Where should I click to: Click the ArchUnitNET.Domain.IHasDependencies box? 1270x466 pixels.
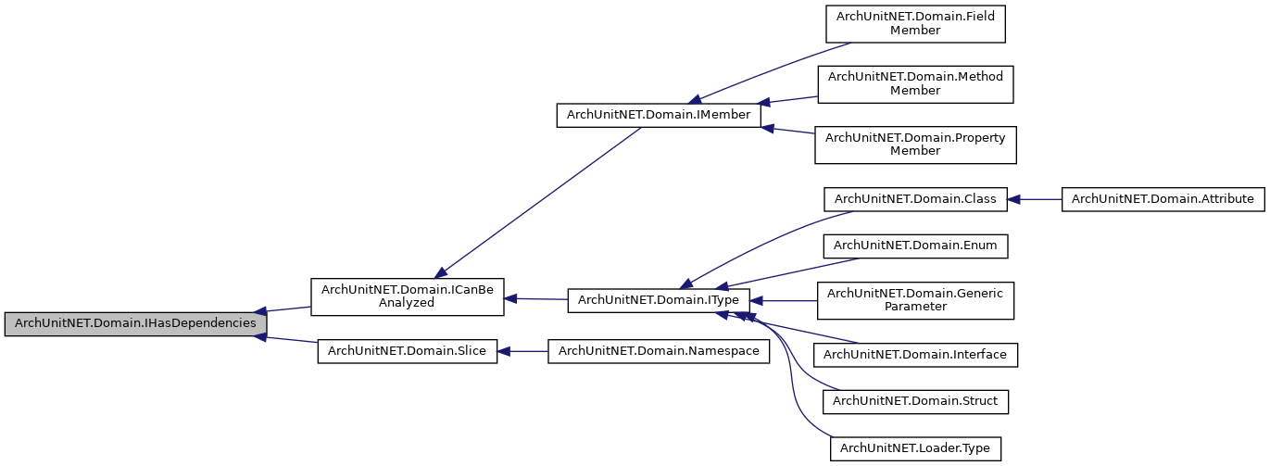point(135,324)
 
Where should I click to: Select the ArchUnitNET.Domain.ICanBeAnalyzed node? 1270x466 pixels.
point(407,296)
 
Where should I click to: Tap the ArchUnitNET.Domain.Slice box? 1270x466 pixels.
point(407,351)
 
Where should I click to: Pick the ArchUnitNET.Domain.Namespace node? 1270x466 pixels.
point(658,351)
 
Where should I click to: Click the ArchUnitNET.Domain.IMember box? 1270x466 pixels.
point(658,115)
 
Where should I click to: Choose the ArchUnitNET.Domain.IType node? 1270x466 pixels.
point(658,300)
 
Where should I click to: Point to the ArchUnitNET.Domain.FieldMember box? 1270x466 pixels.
point(914,24)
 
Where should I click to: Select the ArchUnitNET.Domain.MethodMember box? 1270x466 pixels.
point(914,83)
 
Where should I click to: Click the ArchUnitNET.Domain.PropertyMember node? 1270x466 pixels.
point(914,145)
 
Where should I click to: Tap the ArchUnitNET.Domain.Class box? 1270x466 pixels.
point(914,199)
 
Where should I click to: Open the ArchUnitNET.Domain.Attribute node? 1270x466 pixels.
point(1162,199)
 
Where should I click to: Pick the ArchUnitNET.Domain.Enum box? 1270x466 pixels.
point(914,246)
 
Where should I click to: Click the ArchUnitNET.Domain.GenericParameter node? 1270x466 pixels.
point(914,300)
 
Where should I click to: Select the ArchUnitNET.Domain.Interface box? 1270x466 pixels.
point(914,354)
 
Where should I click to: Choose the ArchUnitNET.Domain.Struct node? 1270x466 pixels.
point(914,401)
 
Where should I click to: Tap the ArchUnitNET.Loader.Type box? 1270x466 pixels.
point(914,448)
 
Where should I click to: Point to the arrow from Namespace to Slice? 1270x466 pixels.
point(523,351)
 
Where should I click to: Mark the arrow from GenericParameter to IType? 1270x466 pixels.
point(783,300)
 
